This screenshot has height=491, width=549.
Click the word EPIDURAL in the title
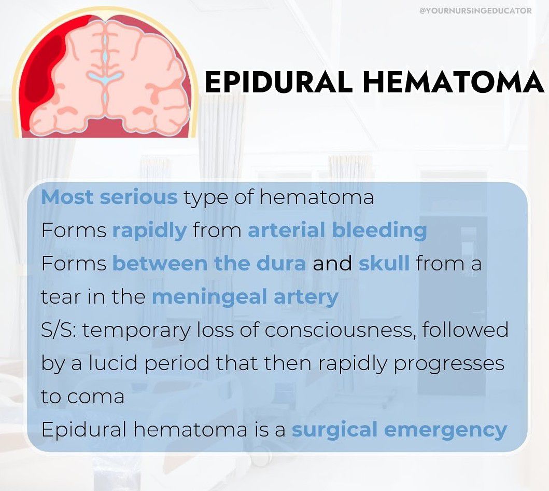[278, 81]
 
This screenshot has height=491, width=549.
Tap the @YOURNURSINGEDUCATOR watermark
[475, 11]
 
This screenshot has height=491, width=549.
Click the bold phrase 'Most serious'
[109, 197]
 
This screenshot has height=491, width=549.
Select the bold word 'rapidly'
[149, 231]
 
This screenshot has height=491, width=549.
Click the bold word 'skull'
[384, 263]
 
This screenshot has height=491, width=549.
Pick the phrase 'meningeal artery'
[245, 297]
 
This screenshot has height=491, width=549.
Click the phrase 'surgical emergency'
[400, 430]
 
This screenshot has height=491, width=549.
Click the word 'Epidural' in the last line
[83, 430]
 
